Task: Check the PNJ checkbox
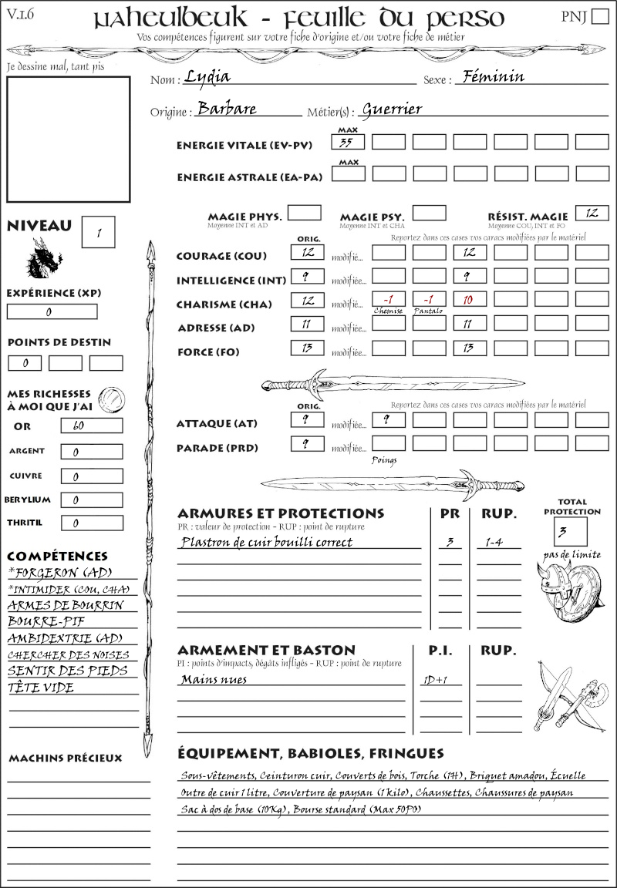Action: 598,17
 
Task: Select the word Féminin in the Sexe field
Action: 491,76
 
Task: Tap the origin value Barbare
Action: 227,109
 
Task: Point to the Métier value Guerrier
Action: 392,109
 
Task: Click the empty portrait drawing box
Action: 68,139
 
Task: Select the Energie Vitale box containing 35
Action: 348,142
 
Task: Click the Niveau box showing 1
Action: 99,232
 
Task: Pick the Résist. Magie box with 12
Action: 592,213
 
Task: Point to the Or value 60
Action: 91,425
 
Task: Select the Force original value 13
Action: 307,348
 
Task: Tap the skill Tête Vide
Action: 41,688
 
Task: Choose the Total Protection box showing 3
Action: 570,531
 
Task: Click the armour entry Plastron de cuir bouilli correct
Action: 266,542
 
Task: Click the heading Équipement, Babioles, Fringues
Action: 311,752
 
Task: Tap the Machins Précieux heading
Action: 66,758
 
